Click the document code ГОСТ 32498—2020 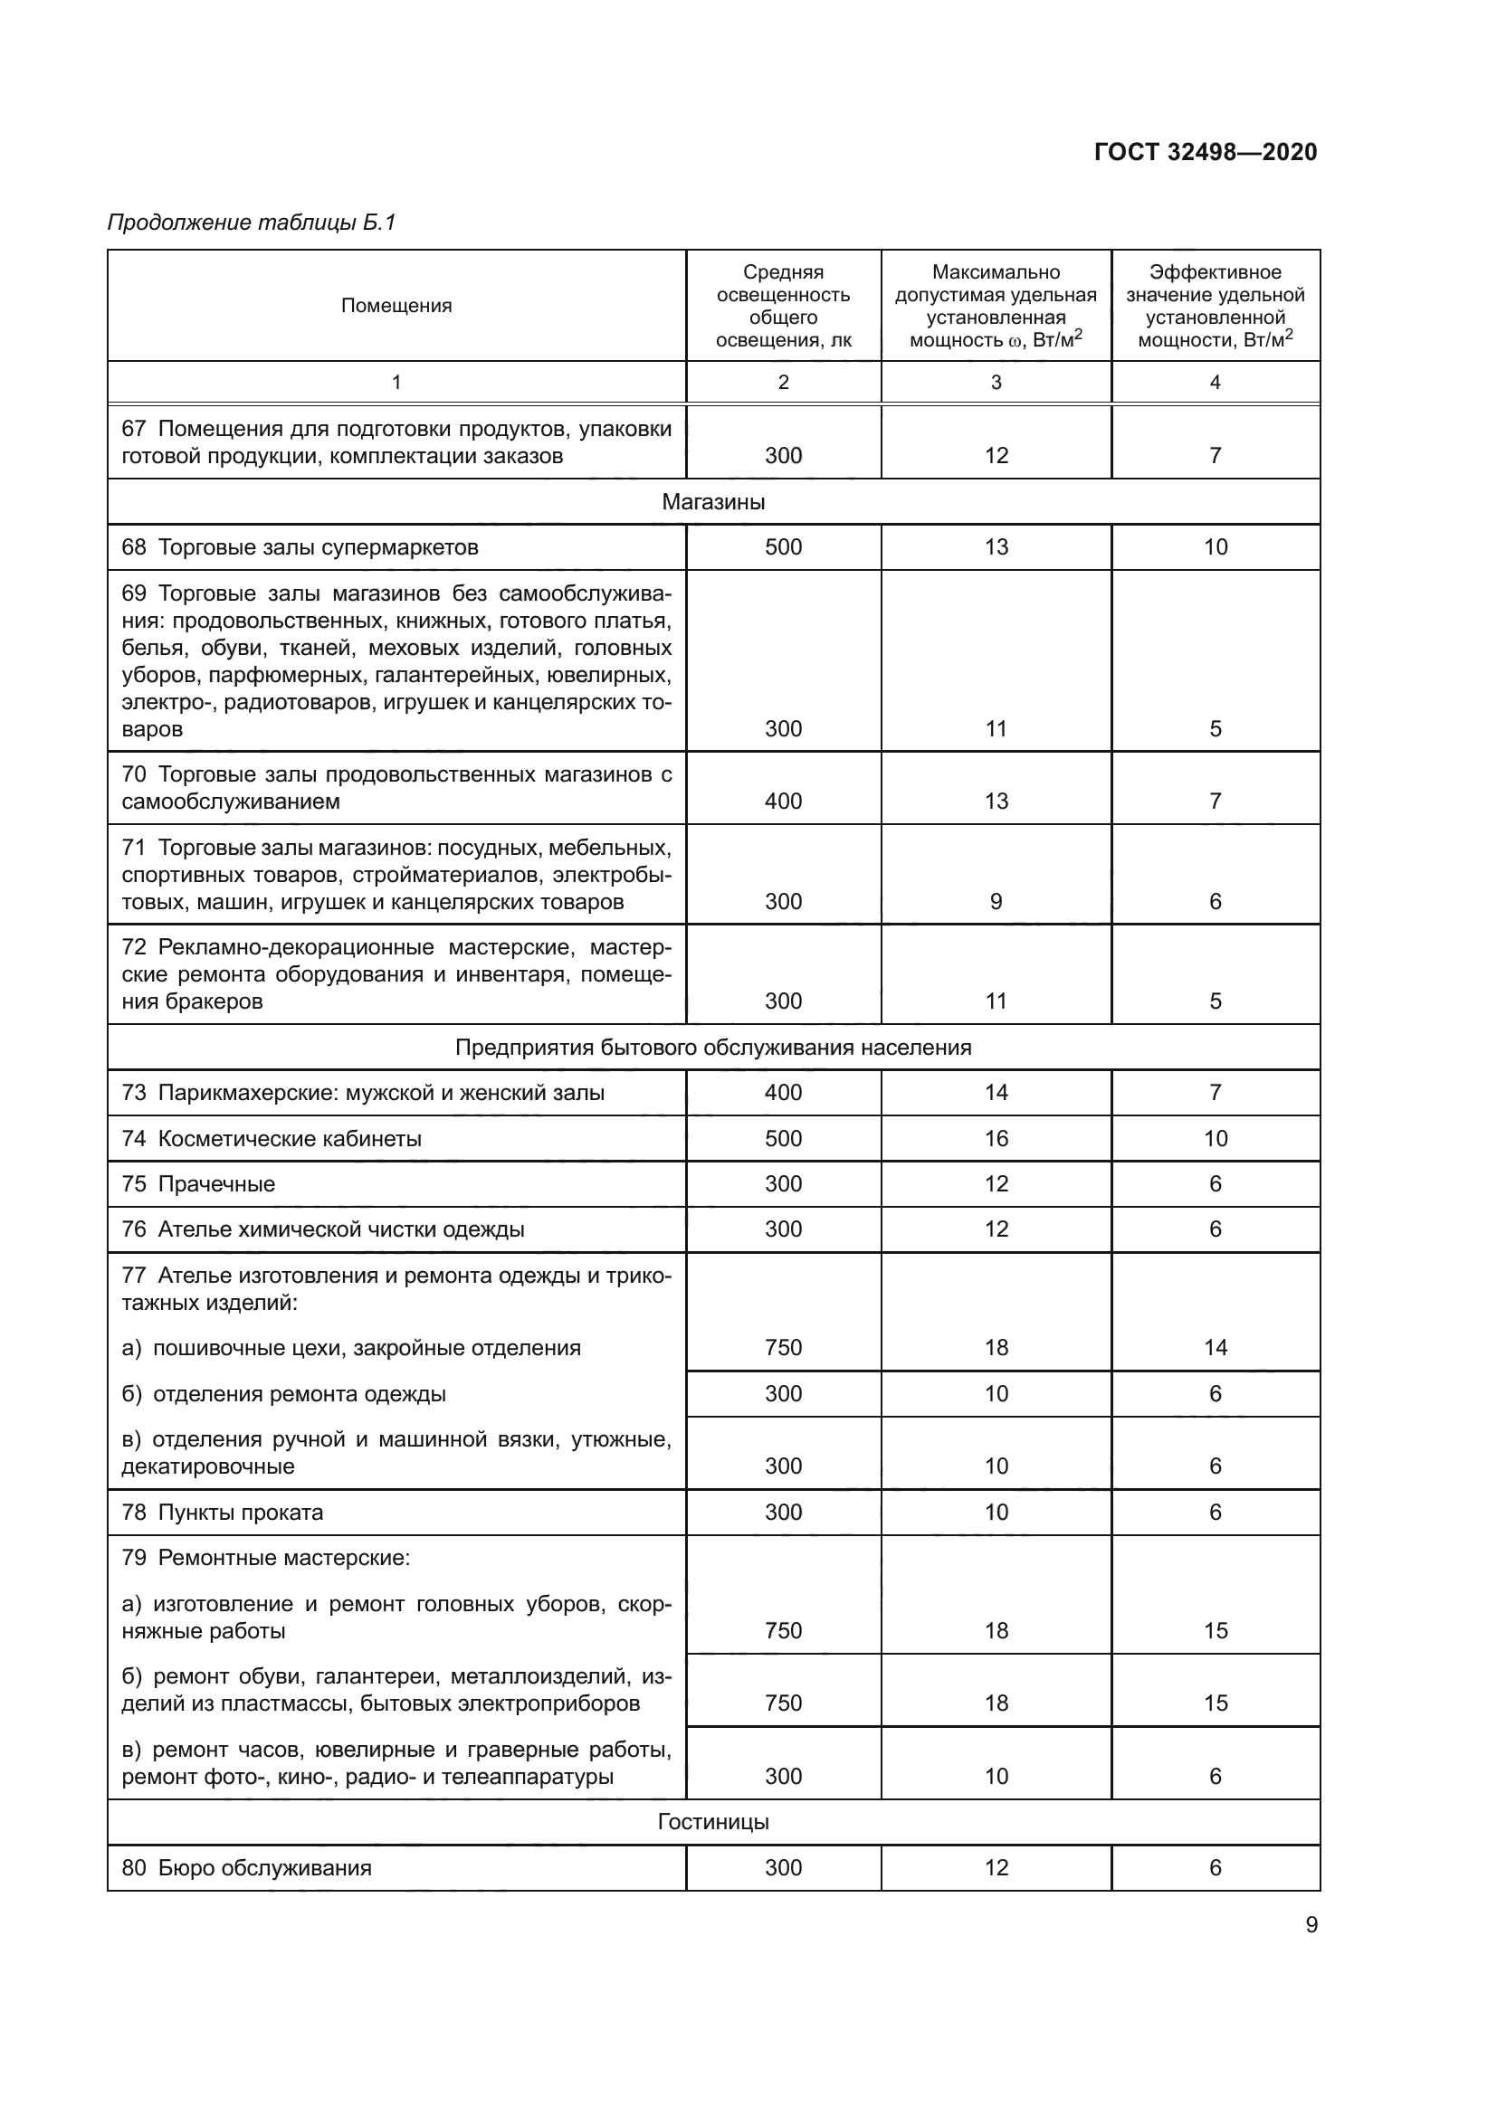click(1205, 152)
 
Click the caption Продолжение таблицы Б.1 click(251, 223)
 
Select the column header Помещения click(396, 306)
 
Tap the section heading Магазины click(712, 502)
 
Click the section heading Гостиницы click(712, 1822)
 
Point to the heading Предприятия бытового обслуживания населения click(712, 1048)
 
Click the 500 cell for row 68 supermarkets click(783, 547)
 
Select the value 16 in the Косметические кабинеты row click(996, 1138)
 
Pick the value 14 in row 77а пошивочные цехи click(1215, 1348)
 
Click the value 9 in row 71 click(996, 902)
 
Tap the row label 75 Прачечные click(198, 1184)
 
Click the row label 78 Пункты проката click(222, 1513)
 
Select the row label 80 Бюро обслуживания click(246, 1868)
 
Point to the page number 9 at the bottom click(1311, 1925)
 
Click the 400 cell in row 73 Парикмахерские click(783, 1093)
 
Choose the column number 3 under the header click(996, 383)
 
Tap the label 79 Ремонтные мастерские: click(265, 1559)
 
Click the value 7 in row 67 click(1215, 456)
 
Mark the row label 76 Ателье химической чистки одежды click(322, 1229)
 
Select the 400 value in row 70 click(783, 802)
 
